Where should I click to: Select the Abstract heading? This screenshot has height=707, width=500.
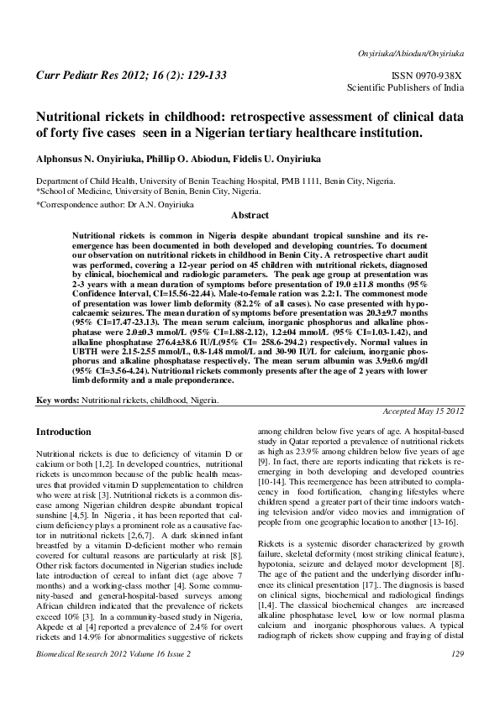click(x=250, y=216)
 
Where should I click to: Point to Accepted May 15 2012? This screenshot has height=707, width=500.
click(x=424, y=411)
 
